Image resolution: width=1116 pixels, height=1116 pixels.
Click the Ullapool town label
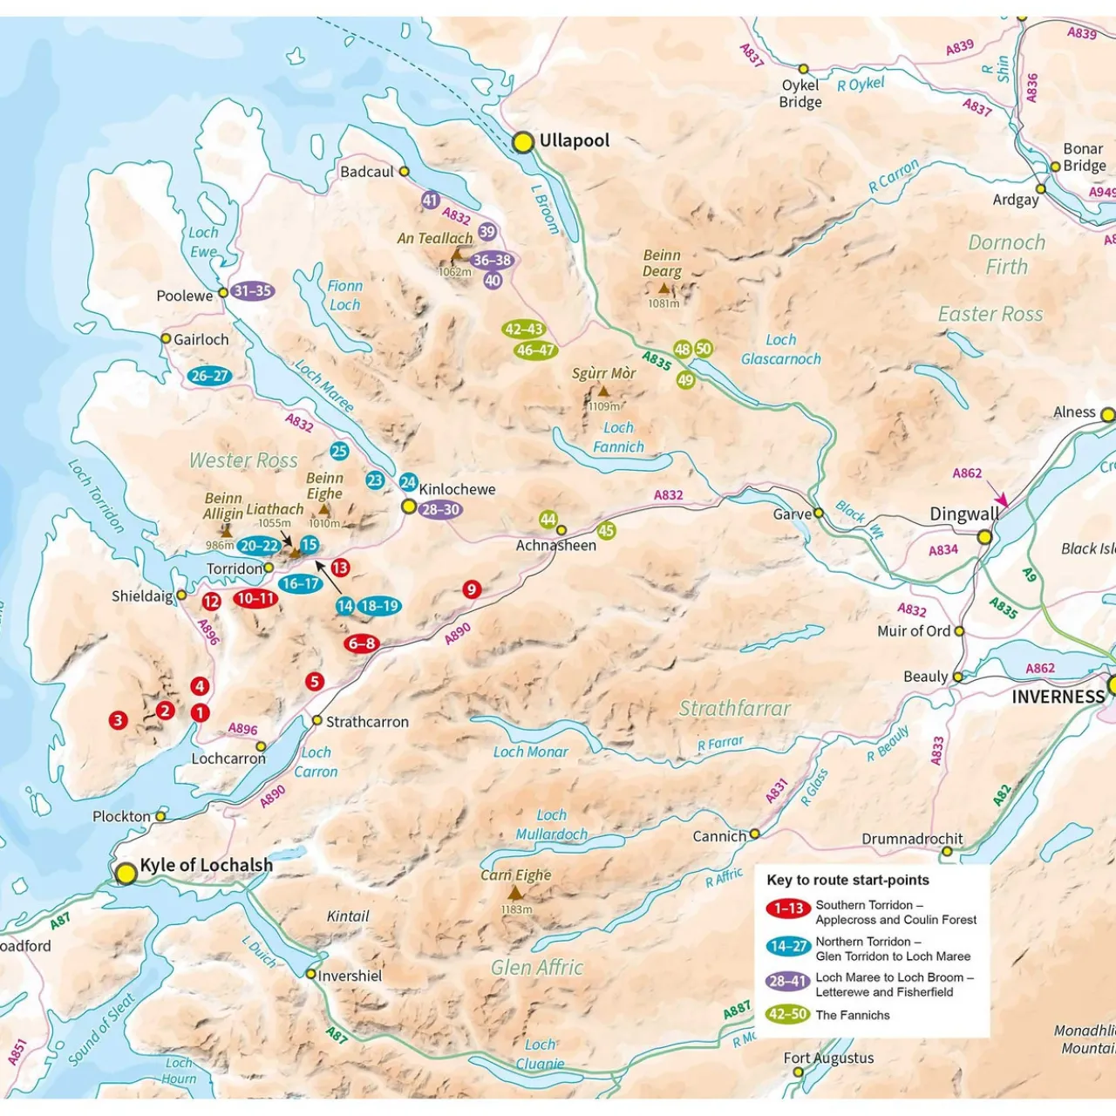click(x=574, y=140)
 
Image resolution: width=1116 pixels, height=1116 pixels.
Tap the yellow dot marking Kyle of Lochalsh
click(x=126, y=873)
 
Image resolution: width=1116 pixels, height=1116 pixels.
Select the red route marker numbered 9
click(x=472, y=589)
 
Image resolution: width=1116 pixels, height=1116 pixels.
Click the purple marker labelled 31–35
click(x=253, y=291)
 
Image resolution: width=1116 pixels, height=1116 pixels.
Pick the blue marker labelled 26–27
click(x=209, y=376)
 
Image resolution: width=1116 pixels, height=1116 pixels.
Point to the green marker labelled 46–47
click(x=535, y=350)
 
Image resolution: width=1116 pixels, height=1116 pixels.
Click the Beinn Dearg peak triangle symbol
click(x=663, y=289)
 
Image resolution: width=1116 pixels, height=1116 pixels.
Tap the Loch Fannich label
click(x=618, y=438)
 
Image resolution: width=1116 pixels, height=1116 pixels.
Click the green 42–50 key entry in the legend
click(x=787, y=1014)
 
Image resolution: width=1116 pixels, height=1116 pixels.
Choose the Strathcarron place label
click(x=366, y=722)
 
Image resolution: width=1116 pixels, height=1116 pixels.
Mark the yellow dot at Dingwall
click(x=984, y=537)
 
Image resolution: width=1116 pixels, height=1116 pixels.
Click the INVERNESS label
click(x=1058, y=697)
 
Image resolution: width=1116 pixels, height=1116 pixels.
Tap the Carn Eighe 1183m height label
click(x=516, y=909)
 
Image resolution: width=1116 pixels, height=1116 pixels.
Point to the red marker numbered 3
click(x=118, y=720)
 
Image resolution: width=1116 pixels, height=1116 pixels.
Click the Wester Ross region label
click(x=243, y=460)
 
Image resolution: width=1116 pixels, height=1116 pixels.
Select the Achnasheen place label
click(x=556, y=546)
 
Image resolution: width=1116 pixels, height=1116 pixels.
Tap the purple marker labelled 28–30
click(x=440, y=510)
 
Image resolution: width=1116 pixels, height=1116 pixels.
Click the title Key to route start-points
click(x=847, y=880)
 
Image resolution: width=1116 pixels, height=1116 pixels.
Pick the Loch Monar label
click(x=530, y=752)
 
